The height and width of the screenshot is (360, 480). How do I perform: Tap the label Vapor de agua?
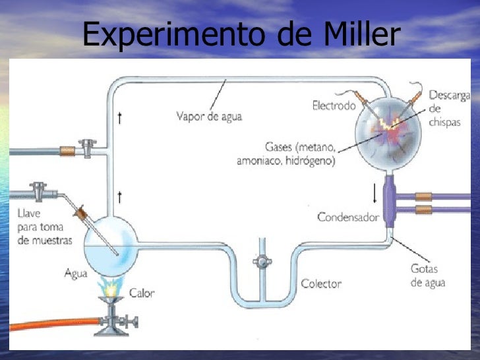pos(209,117)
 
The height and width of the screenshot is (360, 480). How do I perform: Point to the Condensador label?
pos(347,216)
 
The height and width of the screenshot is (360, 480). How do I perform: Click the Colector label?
pos(321,284)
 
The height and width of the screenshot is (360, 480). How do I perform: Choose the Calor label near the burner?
pos(142,292)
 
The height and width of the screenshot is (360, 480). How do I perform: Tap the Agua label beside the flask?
pos(76,272)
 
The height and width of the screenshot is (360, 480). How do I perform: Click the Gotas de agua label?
pos(429,276)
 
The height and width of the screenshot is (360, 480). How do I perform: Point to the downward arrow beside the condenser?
pos(375,193)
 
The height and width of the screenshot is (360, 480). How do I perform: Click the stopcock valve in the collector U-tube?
pos(262,261)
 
